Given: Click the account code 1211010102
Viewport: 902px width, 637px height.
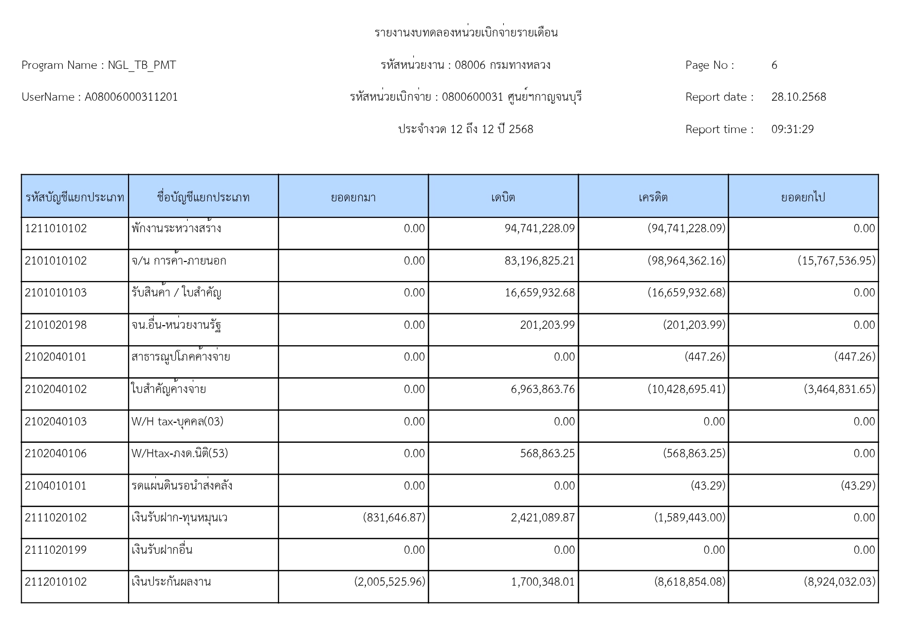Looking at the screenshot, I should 56,229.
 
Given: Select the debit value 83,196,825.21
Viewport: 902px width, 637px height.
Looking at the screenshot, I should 540,261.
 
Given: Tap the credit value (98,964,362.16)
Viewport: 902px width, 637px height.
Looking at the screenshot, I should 686,261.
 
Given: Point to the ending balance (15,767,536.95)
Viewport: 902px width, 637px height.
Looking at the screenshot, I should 836,261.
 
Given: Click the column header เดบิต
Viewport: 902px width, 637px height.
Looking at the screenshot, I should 503,197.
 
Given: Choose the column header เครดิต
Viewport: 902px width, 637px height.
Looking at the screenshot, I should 653,197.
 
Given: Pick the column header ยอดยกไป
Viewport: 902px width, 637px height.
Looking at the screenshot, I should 803,197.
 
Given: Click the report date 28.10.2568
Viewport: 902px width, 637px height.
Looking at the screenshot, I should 798,97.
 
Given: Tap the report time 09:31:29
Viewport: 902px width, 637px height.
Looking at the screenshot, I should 792,129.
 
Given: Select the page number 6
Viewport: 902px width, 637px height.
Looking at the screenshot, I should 774,65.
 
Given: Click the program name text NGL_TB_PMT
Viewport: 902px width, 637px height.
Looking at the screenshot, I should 142,65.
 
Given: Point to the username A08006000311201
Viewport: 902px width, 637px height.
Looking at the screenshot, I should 131,97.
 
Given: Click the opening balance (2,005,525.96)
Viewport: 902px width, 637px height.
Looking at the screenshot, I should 390,582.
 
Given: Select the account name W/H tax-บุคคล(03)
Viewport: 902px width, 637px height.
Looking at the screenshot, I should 177,422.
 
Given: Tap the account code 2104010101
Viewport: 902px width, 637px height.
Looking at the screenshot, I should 56,486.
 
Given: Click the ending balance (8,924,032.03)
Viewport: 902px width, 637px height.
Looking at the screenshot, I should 839,582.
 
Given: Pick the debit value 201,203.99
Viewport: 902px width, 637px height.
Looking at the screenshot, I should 547,325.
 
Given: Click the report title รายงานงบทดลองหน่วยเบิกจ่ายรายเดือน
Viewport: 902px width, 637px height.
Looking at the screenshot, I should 466,33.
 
